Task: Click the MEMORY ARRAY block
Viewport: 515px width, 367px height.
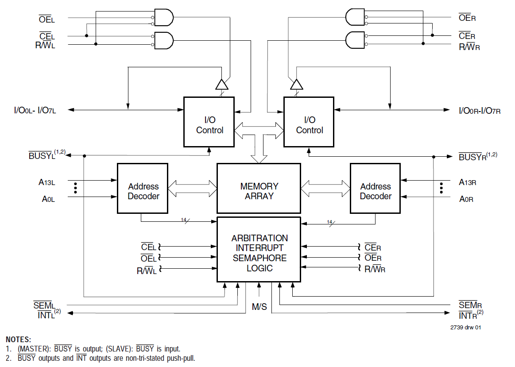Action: [x=259, y=188]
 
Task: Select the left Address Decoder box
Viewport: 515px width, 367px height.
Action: [x=142, y=188]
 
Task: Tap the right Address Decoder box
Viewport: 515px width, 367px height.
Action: [x=375, y=188]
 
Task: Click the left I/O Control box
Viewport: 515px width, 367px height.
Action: [x=209, y=122]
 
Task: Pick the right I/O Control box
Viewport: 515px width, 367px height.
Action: [x=309, y=122]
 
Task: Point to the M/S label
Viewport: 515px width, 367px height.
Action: [x=259, y=306]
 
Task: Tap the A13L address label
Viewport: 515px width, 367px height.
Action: [x=47, y=182]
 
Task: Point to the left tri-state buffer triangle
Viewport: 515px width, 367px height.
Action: [x=221, y=84]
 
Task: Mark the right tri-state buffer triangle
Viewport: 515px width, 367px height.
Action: [x=296, y=84]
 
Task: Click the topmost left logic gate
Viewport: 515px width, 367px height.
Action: [x=163, y=18]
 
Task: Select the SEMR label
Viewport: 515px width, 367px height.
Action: [x=470, y=305]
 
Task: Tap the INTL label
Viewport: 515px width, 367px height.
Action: [x=46, y=314]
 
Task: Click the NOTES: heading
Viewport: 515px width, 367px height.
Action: [x=18, y=340]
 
